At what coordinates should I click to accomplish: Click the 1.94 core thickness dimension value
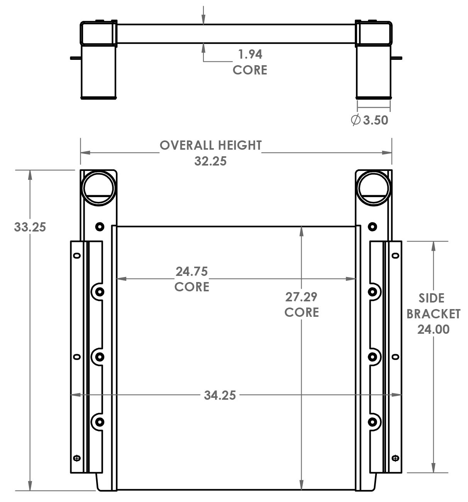250,54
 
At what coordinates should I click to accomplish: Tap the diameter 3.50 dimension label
370,120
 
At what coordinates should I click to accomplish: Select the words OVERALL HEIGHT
210,145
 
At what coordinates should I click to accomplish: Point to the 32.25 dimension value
210,161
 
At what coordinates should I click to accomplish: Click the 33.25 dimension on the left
30,227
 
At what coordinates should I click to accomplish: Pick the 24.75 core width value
192,271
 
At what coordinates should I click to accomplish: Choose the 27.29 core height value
301,297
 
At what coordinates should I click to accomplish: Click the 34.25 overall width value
220,395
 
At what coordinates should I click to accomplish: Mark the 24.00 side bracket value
433,329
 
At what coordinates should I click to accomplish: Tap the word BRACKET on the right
433,314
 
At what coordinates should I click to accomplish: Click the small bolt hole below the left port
100,226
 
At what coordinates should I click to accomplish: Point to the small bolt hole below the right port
373,226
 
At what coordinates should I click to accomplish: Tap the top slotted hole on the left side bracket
77,255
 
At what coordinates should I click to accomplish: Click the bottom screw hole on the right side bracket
395,458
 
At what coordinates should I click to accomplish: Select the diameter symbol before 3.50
356,120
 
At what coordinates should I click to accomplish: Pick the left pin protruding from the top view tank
75,58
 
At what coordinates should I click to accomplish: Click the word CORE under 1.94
250,70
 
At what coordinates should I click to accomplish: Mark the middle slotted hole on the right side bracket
395,357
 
